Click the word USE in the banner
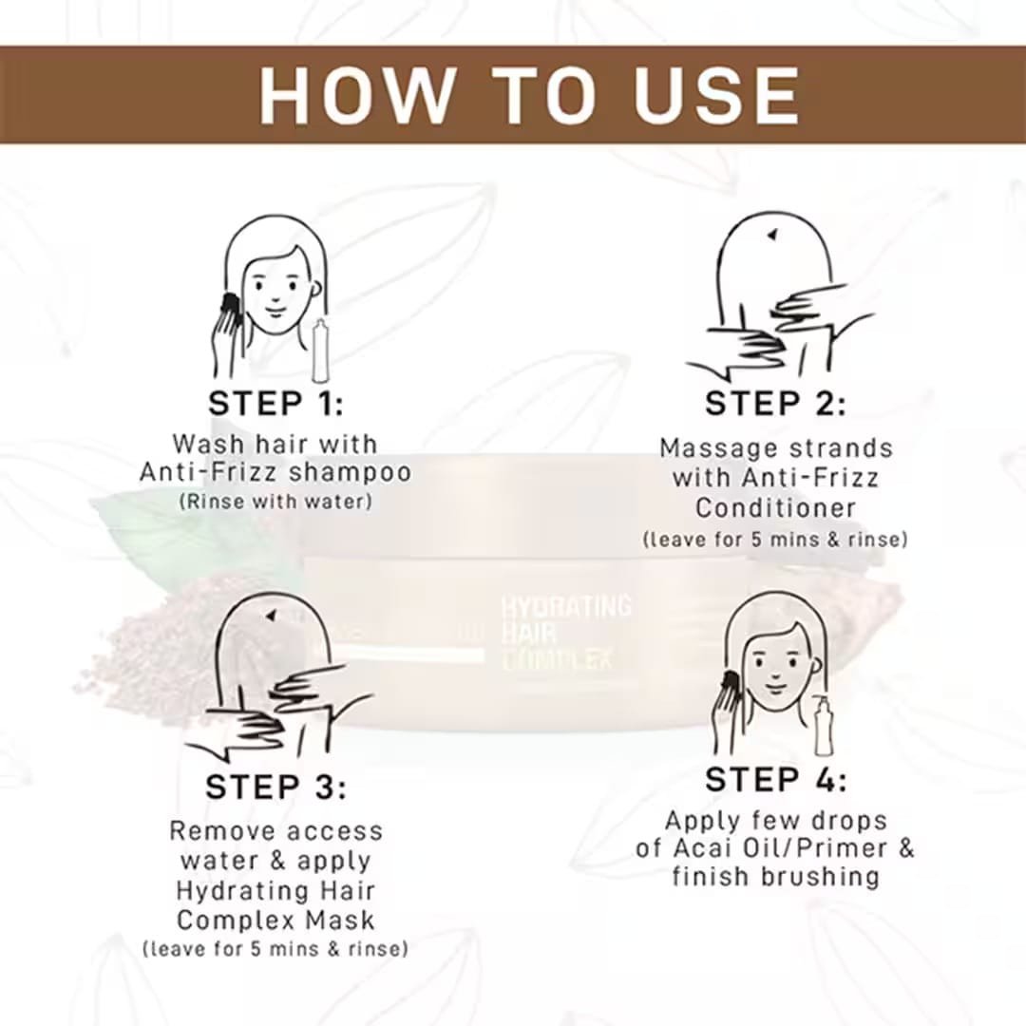tap(716, 95)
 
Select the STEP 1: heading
tap(275, 404)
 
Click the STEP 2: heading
tap(775, 404)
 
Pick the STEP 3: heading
tap(275, 788)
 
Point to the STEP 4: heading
tap(776, 779)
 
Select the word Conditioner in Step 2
tap(775, 508)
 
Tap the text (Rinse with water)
tap(275, 502)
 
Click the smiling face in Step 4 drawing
tap(775, 669)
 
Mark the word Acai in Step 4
tap(699, 848)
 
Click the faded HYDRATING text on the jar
tap(566, 606)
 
